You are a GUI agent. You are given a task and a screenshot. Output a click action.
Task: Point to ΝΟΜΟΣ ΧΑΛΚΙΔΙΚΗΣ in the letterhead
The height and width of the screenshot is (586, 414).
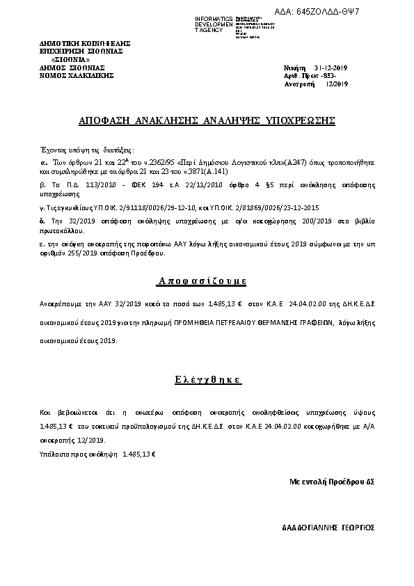pyautogui.click(x=77, y=75)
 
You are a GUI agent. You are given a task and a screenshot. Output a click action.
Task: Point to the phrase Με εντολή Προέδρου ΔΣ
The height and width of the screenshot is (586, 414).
pyautogui.click(x=332, y=481)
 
